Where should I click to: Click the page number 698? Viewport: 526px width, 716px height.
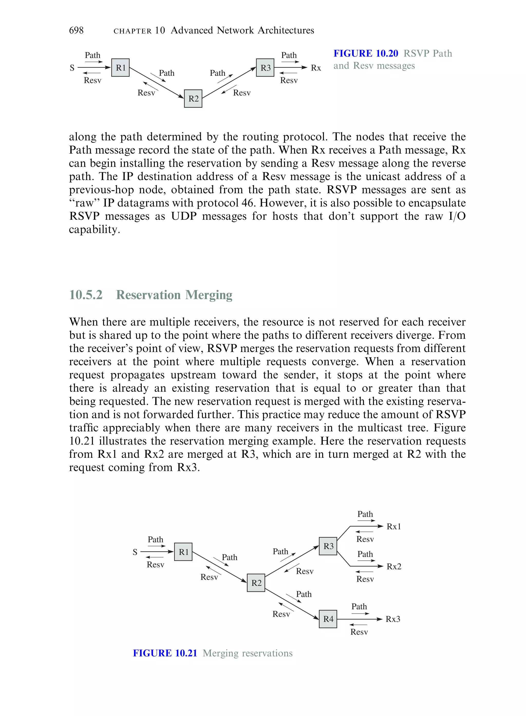(77, 30)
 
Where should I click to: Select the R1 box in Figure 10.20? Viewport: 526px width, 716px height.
(120, 68)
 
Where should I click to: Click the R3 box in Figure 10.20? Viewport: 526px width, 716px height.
(265, 68)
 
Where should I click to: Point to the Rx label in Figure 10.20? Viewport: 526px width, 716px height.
(316, 68)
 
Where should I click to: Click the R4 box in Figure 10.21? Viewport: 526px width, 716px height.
(328, 619)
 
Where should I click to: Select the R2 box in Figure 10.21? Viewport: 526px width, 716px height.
(256, 583)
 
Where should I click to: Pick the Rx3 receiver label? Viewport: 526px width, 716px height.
(393, 619)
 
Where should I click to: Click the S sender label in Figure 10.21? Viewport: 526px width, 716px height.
(135, 552)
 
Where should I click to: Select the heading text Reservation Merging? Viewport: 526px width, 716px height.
(174, 295)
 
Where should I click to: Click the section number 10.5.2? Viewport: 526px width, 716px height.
(86, 295)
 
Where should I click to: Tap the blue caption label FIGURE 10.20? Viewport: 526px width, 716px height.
(365, 53)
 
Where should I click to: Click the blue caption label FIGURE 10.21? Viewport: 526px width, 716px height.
(165, 653)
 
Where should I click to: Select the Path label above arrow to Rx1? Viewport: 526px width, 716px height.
(365, 514)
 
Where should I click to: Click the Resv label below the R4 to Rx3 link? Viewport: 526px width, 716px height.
(359, 632)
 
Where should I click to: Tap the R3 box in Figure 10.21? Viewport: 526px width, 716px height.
(328, 546)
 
